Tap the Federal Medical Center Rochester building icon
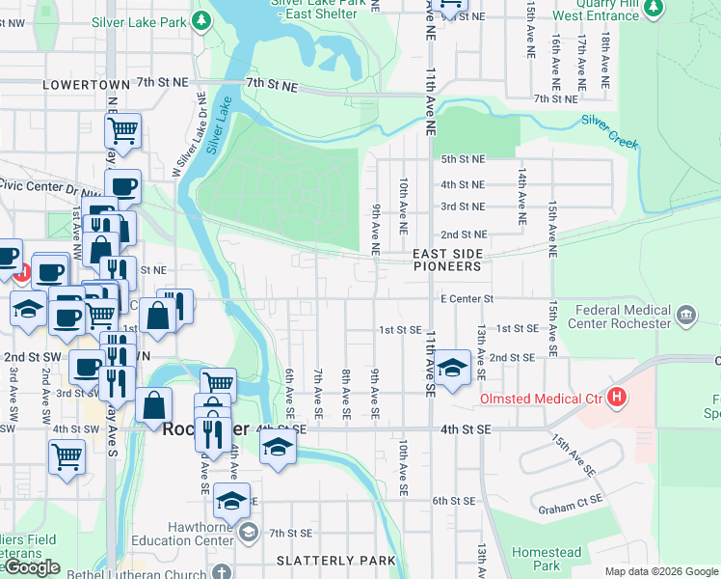click(x=685, y=314)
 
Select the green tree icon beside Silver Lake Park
click(x=200, y=19)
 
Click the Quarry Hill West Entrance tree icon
click(x=654, y=9)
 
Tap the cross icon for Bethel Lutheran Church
click(x=223, y=571)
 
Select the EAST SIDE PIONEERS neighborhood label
click(x=446, y=260)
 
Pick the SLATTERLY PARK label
click(x=335, y=561)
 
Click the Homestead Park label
click(x=547, y=559)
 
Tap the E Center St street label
click(x=467, y=299)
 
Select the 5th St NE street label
click(x=463, y=159)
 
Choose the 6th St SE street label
click(x=454, y=501)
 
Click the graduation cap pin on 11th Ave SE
click(x=451, y=368)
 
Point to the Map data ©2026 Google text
click(x=661, y=571)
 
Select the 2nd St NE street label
click(x=464, y=234)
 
